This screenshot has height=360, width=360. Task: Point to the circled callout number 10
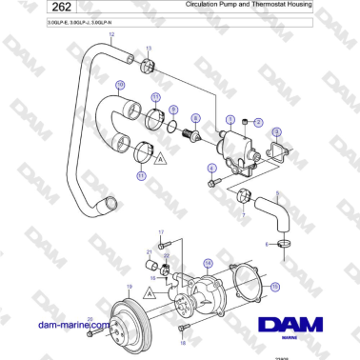tap(120, 84)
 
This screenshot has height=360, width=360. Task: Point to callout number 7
tap(244, 216)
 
